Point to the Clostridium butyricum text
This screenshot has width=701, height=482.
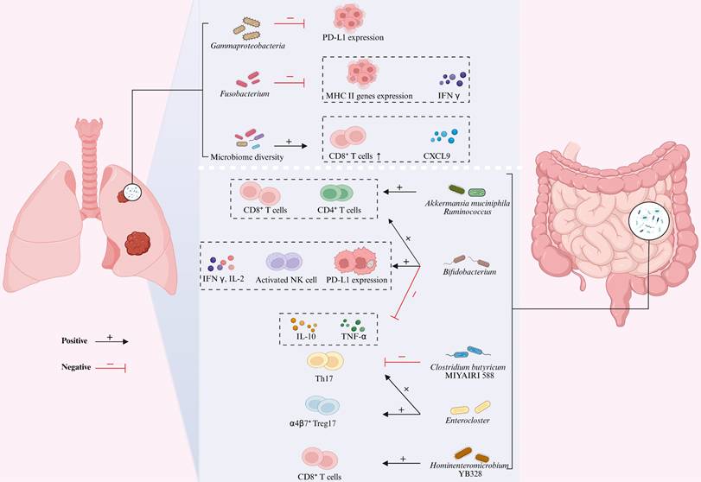471,367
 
